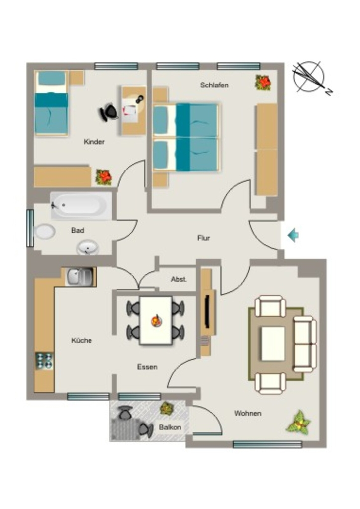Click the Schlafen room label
214,85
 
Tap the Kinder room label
94,142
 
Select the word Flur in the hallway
204,238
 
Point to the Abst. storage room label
179,279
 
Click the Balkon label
170,427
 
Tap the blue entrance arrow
293,235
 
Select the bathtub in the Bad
81,205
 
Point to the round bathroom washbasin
88,248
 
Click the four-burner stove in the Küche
44,361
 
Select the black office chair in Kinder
108,112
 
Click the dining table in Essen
156,321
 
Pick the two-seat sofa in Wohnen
305,344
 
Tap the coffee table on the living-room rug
273,344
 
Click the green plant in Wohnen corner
298,422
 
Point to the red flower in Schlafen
263,83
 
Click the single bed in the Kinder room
52,103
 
